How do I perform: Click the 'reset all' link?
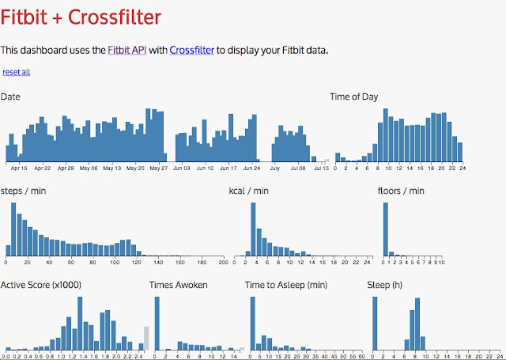17,73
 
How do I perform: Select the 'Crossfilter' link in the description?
191,51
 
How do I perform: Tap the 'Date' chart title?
10,97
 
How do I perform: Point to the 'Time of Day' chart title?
353,97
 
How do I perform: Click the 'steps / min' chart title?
25,191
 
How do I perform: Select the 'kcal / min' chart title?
248,191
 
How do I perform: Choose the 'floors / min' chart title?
401,191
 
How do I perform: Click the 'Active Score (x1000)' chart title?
41,285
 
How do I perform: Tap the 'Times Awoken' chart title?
179,285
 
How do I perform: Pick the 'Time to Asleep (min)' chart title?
286,285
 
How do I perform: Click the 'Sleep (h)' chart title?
385,285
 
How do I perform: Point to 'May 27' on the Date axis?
160,169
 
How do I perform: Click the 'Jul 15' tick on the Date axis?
321,169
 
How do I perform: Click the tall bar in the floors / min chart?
386,229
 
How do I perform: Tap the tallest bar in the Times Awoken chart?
157,323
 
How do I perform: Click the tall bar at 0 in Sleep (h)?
375,323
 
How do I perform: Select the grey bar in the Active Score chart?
145,337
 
